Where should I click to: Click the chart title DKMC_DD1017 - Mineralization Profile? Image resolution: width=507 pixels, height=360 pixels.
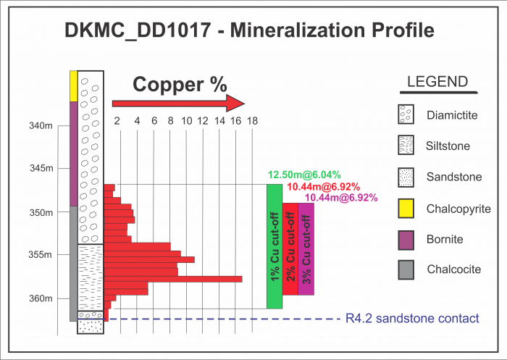tap(250, 30)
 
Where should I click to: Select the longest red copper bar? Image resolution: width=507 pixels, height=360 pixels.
tap(174, 279)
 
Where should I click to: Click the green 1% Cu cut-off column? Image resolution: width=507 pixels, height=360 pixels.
tap(274, 246)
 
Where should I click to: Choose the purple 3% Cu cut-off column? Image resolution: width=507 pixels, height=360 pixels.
tap(306, 248)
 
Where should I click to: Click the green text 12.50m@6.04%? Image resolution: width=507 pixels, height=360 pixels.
tap(299, 175)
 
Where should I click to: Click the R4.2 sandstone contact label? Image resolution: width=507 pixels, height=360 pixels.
tap(413, 319)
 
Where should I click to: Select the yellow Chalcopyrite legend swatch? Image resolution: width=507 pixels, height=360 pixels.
tap(407, 209)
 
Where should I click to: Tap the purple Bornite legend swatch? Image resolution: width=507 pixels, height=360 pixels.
tap(407, 239)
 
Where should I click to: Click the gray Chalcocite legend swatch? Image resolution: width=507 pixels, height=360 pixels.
tap(407, 269)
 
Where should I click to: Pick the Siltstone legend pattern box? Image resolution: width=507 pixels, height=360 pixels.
tap(407, 146)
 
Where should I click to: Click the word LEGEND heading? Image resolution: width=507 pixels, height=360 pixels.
tap(438, 82)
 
